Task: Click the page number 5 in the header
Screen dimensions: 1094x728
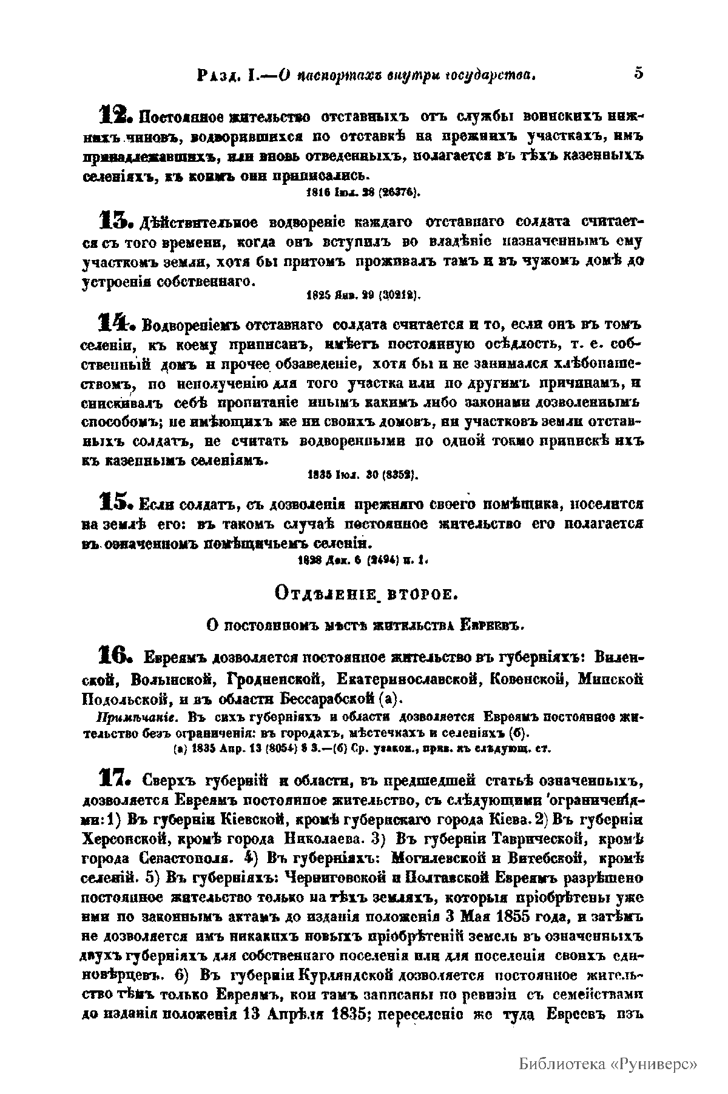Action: click(638, 73)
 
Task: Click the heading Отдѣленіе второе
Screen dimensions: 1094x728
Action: click(363, 594)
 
